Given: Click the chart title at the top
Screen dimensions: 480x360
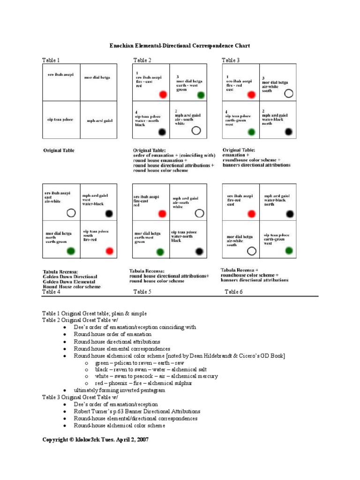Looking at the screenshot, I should pyautogui.click(x=180, y=45).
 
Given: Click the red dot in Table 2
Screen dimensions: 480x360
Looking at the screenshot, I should pyautogui.click(x=163, y=95).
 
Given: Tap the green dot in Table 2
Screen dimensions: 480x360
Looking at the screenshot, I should pyautogui.click(x=201, y=95).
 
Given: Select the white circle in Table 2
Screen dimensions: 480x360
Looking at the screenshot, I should pyautogui.click(x=196, y=130).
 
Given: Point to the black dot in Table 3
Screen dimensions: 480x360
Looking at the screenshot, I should pyautogui.click(x=289, y=132).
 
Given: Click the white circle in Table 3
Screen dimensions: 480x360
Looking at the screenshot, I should pyautogui.click(x=289, y=93).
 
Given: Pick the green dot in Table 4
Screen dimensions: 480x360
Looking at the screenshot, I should pyautogui.click(x=71, y=251).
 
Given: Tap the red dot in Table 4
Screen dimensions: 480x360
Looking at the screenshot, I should pyautogui.click(x=110, y=251).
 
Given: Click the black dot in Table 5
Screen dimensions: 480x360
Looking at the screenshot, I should pyautogui.click(x=199, y=251).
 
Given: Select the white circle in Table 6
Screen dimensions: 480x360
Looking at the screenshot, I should pyautogui.click(x=252, y=251).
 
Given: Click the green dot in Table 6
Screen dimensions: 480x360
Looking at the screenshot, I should pyautogui.click(x=289, y=250).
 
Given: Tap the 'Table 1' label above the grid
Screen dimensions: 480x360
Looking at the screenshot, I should pyautogui.click(x=51, y=60).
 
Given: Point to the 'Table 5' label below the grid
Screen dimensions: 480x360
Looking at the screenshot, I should pyautogui.click(x=142, y=292).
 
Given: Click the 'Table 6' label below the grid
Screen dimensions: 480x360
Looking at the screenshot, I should pyautogui.click(x=233, y=292).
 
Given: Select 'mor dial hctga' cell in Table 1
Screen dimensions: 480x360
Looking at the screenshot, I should pyautogui.click(x=97, y=77).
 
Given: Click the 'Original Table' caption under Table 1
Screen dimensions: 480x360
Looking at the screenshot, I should pyautogui.click(x=59, y=150).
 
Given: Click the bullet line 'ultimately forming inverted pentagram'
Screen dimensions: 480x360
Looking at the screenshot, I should pyautogui.click(x=119, y=390).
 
